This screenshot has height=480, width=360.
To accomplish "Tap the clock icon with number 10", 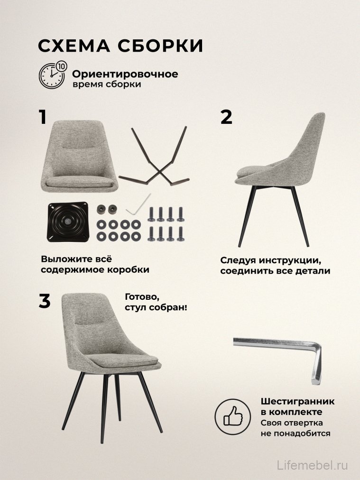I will click(53, 75).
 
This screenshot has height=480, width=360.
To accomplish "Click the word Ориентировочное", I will click(125, 74).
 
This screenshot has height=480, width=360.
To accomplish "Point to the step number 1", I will click(43, 117).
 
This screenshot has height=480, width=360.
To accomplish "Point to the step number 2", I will click(227, 117).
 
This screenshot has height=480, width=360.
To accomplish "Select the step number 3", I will click(44, 301).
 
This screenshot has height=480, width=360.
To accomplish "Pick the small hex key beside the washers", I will click(138, 204).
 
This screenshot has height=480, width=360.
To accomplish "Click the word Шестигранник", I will click(297, 401).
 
